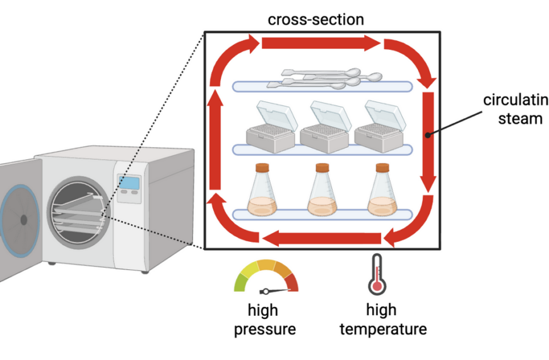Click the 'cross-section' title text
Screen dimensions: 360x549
[x=316, y=19]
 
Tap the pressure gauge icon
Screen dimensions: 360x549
[x=266, y=278]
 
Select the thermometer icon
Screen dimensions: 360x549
[x=377, y=275]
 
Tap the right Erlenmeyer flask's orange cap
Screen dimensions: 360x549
[x=382, y=168]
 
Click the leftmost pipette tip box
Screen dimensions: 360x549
[x=271, y=127]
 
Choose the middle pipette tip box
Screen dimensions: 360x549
[x=324, y=127]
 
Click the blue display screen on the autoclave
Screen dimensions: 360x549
[x=129, y=183]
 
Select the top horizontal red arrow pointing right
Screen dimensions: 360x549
[x=321, y=43]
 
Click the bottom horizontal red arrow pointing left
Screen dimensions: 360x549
[x=322, y=239]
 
